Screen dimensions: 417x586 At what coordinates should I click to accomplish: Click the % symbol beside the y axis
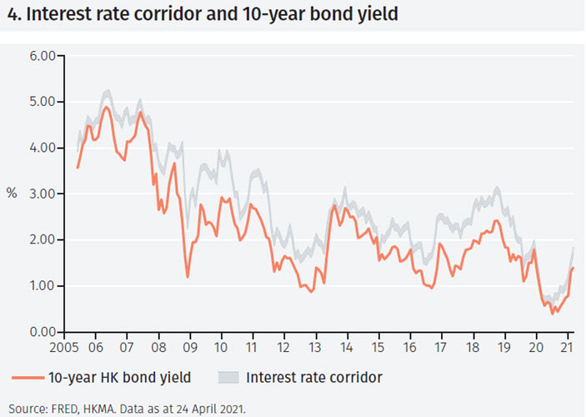tap(12, 193)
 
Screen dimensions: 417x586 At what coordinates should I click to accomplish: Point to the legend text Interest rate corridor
tap(314, 378)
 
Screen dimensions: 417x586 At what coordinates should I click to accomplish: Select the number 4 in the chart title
tap(9, 13)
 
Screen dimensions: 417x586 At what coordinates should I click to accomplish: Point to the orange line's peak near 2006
tap(106, 107)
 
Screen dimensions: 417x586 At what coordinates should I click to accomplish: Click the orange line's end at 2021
tap(573, 268)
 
